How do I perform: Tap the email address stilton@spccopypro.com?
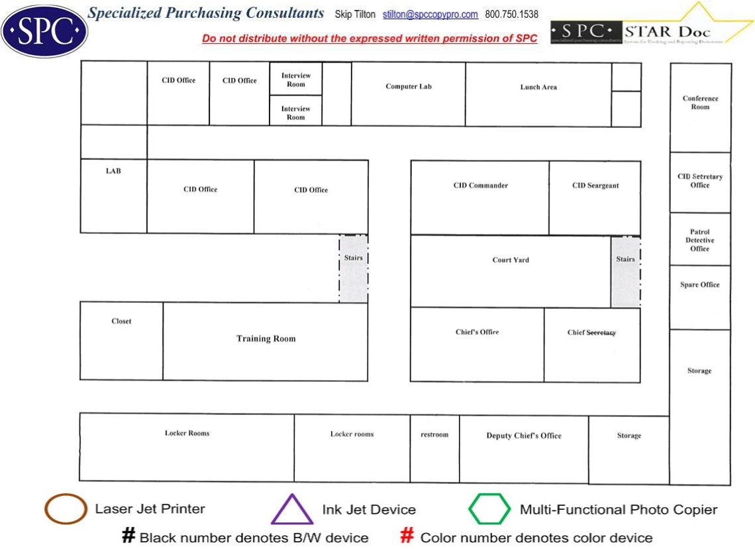pyautogui.click(x=430, y=15)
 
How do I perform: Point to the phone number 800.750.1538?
pyautogui.click(x=512, y=15)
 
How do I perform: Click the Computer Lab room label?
pyautogui.click(x=409, y=87)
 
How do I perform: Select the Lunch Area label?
pyautogui.click(x=538, y=88)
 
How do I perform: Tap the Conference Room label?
pyautogui.click(x=700, y=103)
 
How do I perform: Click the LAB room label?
pyautogui.click(x=113, y=171)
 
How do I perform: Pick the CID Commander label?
pyautogui.click(x=481, y=186)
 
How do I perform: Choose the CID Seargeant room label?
pyautogui.click(x=595, y=186)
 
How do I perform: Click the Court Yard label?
pyautogui.click(x=511, y=260)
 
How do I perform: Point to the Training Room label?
pyautogui.click(x=266, y=339)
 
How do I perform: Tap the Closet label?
pyautogui.click(x=121, y=322)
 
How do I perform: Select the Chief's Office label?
pyautogui.click(x=477, y=332)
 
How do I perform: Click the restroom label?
pyautogui.click(x=434, y=435)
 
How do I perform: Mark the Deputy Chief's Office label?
pyautogui.click(x=524, y=436)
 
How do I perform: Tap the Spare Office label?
pyautogui.click(x=699, y=285)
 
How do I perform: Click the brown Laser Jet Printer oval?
pyautogui.click(x=66, y=509)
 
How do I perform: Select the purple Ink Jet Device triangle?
pyautogui.click(x=292, y=510)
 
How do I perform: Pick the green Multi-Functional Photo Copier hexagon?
pyautogui.click(x=489, y=509)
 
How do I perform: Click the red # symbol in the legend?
pyautogui.click(x=407, y=536)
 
